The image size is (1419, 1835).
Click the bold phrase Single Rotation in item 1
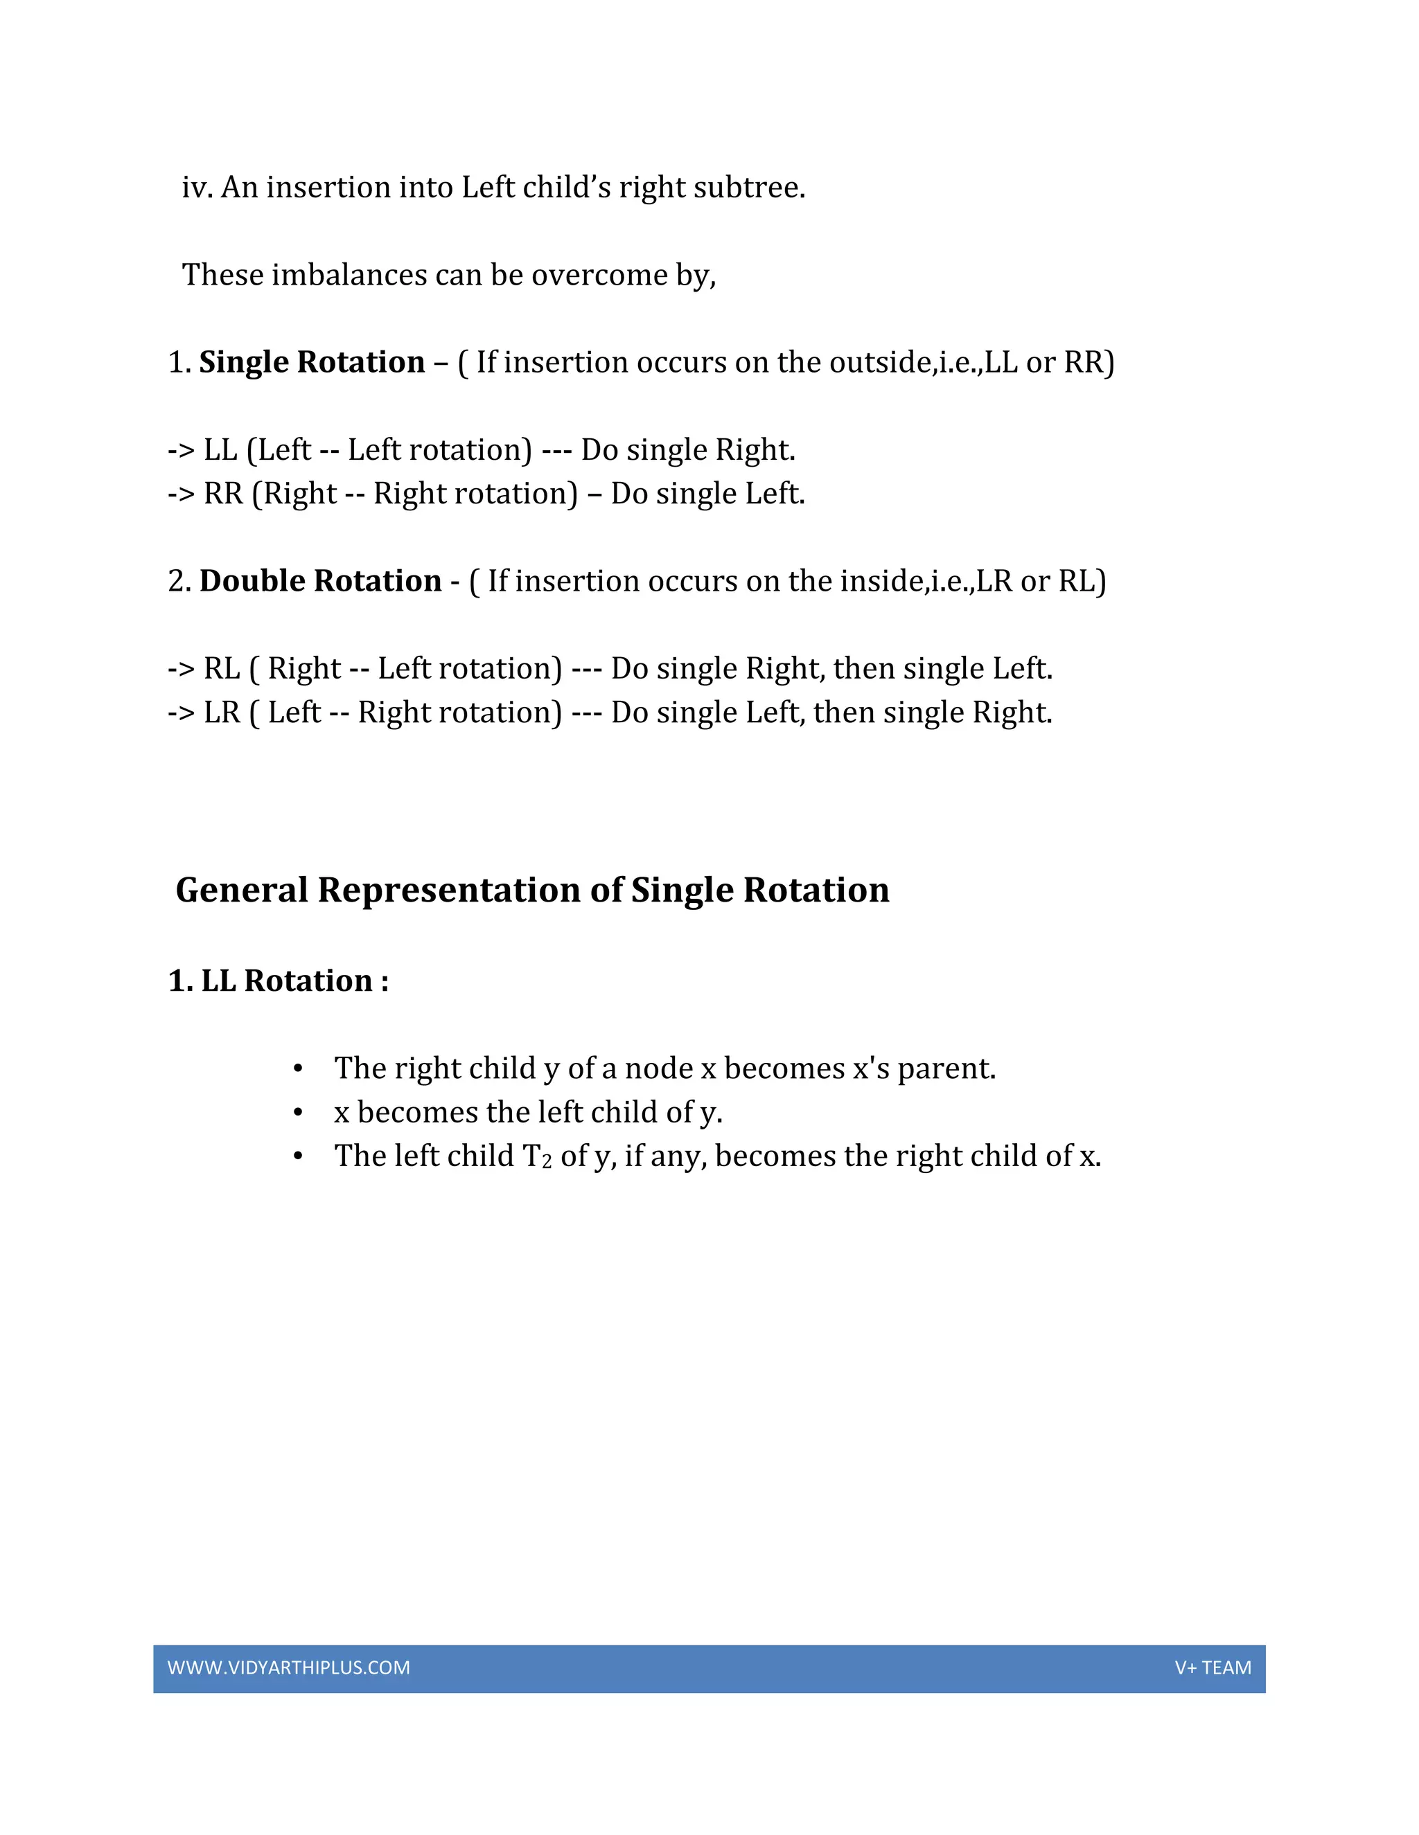coord(312,362)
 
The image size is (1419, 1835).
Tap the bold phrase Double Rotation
coord(320,580)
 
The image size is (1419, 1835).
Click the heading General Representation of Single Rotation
coord(532,890)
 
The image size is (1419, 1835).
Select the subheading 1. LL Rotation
coord(279,981)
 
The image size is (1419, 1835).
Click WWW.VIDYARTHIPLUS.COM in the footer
coord(288,1668)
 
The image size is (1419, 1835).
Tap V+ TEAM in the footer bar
coord(1213,1668)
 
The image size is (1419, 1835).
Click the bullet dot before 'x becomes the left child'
coord(297,1113)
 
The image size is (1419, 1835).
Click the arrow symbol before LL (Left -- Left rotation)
coord(181,450)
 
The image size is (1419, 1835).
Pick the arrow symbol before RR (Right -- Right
coord(181,494)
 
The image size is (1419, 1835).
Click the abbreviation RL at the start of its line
coord(222,669)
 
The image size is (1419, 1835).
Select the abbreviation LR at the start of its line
coord(222,713)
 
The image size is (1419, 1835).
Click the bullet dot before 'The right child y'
coord(297,1068)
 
